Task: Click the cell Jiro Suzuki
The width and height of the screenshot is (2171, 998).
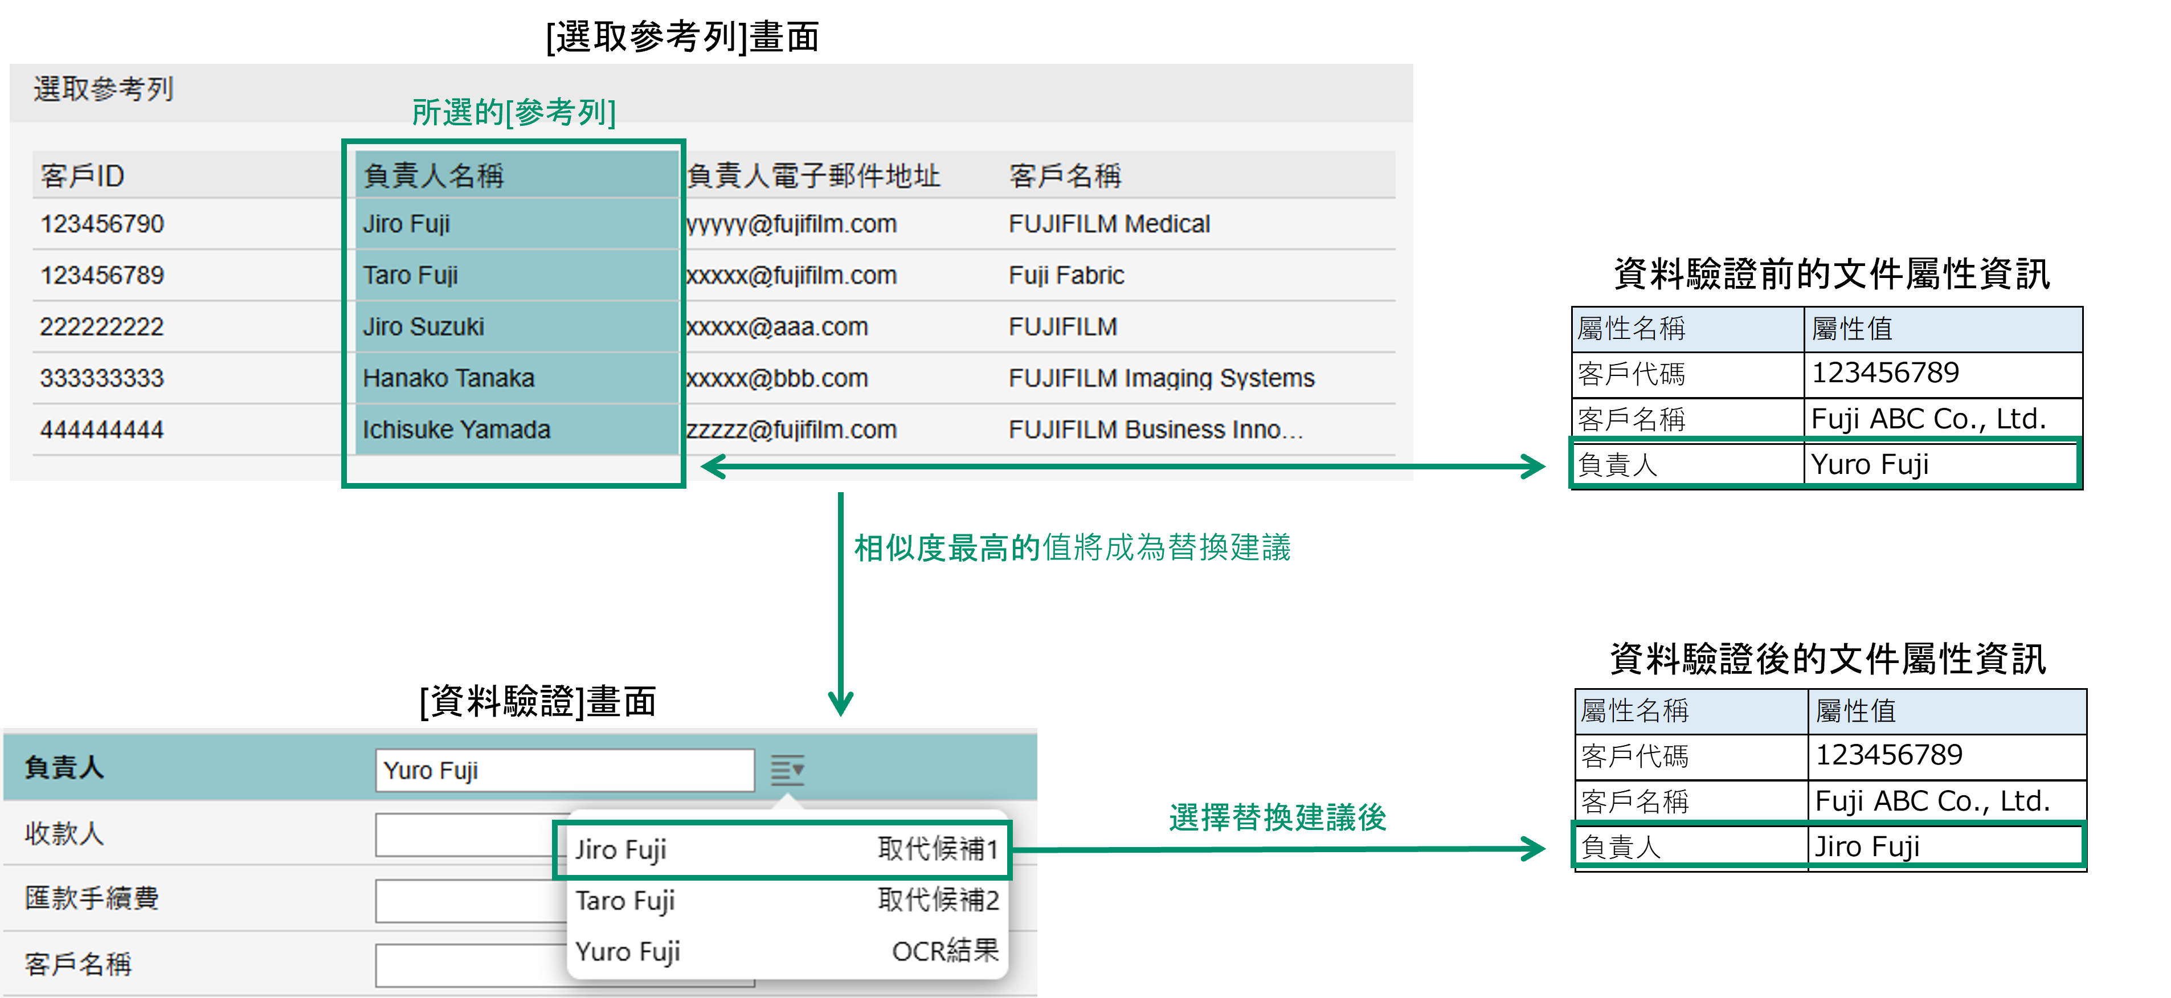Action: click(423, 326)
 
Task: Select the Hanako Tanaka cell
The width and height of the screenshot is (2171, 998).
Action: click(448, 378)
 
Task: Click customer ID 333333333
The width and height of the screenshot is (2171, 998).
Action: click(102, 378)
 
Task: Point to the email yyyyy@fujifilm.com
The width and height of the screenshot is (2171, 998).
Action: click(791, 224)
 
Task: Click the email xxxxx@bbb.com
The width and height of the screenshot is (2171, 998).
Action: click(777, 378)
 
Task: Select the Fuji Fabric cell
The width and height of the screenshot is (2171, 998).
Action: click(1066, 276)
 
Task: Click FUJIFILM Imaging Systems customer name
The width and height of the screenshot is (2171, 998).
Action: click(1160, 378)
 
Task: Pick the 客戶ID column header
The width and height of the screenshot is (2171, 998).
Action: click(83, 175)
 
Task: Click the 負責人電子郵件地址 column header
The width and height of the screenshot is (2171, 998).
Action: click(813, 175)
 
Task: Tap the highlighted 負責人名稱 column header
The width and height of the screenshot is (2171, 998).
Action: click(433, 175)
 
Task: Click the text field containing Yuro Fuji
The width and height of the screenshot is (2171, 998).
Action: click(564, 770)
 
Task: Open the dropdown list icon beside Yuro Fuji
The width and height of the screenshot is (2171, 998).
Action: click(787, 770)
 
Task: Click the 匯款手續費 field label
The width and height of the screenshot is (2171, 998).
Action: click(92, 898)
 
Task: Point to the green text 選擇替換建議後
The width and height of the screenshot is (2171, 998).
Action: click(1277, 817)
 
